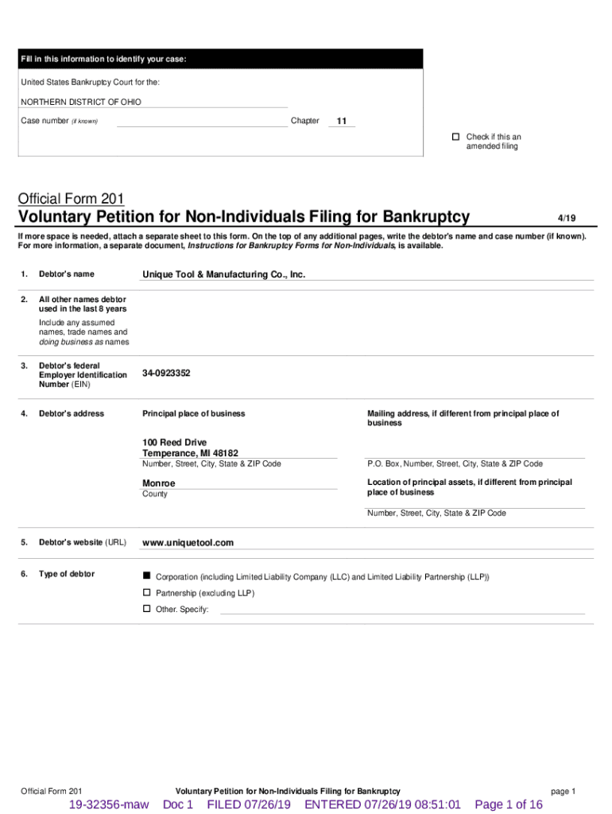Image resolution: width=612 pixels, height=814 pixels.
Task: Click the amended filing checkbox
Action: [x=455, y=137]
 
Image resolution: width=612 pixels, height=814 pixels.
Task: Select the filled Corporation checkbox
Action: [x=146, y=576]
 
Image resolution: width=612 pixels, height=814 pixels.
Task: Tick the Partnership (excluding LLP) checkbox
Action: [x=146, y=593]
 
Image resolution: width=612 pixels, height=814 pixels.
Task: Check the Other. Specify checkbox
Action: [x=146, y=609]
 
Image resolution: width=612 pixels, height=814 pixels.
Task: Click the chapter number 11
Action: [x=342, y=122]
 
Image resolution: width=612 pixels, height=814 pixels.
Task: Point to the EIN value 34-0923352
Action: [x=166, y=373]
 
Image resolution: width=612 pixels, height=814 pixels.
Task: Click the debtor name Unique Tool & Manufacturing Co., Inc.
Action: [x=223, y=274]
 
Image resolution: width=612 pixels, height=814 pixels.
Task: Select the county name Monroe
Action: [x=159, y=483]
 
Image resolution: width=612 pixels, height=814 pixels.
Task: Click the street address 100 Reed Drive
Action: [x=174, y=442]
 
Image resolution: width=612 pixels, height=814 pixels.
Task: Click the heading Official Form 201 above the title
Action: [x=71, y=198]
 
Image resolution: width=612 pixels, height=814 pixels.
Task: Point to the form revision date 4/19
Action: [x=566, y=217]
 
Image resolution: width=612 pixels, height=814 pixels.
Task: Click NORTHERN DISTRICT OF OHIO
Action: [x=81, y=102]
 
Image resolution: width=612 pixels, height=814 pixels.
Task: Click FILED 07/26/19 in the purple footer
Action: [x=249, y=804]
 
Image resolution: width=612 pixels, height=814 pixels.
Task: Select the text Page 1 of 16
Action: [x=509, y=804]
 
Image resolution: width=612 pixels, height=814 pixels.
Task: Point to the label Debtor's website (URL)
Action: [x=83, y=543]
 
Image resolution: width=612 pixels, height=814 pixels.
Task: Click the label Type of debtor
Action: [x=67, y=574]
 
